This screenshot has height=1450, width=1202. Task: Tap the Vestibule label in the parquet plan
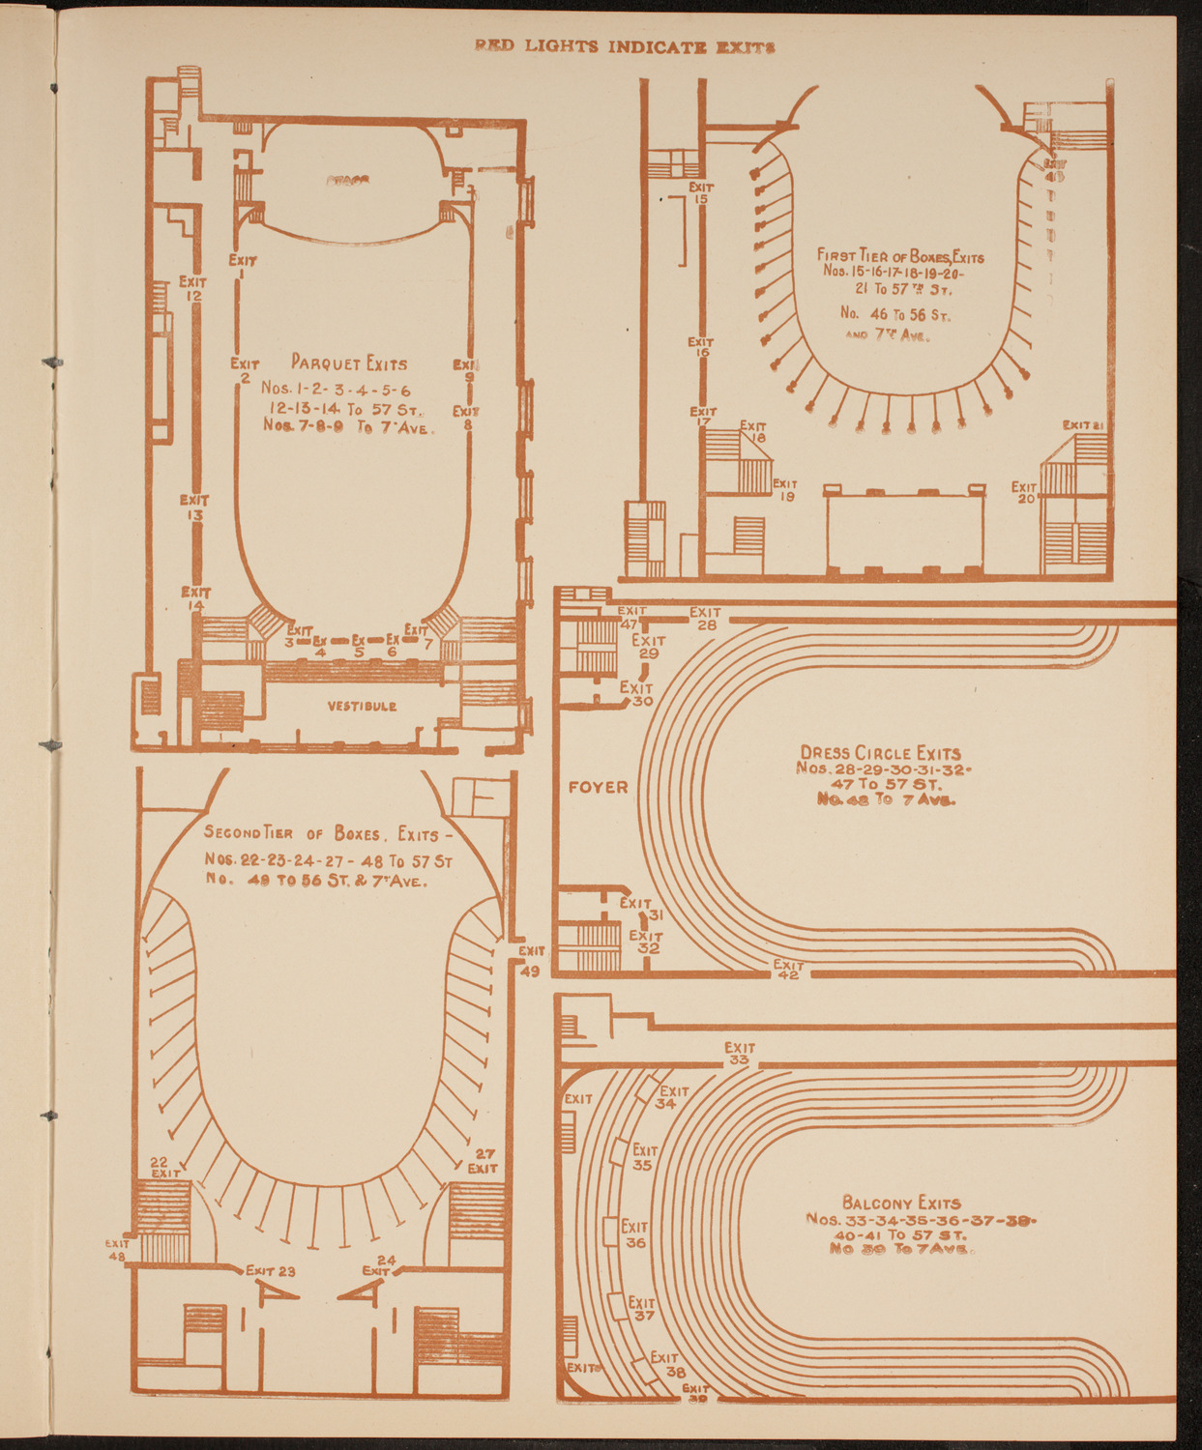362,706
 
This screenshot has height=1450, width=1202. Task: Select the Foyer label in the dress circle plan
598,787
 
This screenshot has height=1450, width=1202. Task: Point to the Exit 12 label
192,288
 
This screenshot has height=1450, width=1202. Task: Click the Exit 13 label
193,507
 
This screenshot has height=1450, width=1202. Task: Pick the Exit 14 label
195,598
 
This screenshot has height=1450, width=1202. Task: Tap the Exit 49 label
531,961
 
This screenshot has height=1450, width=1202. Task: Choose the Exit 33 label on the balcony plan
740,1054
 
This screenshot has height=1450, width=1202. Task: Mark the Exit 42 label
788,970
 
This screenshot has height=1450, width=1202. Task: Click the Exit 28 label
705,619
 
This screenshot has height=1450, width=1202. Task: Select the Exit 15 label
701,193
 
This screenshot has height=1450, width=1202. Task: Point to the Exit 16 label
701,347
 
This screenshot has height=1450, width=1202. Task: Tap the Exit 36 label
634,1234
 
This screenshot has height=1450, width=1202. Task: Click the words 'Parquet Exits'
349,364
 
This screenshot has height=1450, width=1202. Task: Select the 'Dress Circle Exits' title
880,753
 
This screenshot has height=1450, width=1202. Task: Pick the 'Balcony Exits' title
901,1203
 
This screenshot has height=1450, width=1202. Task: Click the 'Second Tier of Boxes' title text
294,834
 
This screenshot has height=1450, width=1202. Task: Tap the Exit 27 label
483,1161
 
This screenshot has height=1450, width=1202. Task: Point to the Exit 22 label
163,1167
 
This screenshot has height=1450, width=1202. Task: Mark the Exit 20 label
1024,492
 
